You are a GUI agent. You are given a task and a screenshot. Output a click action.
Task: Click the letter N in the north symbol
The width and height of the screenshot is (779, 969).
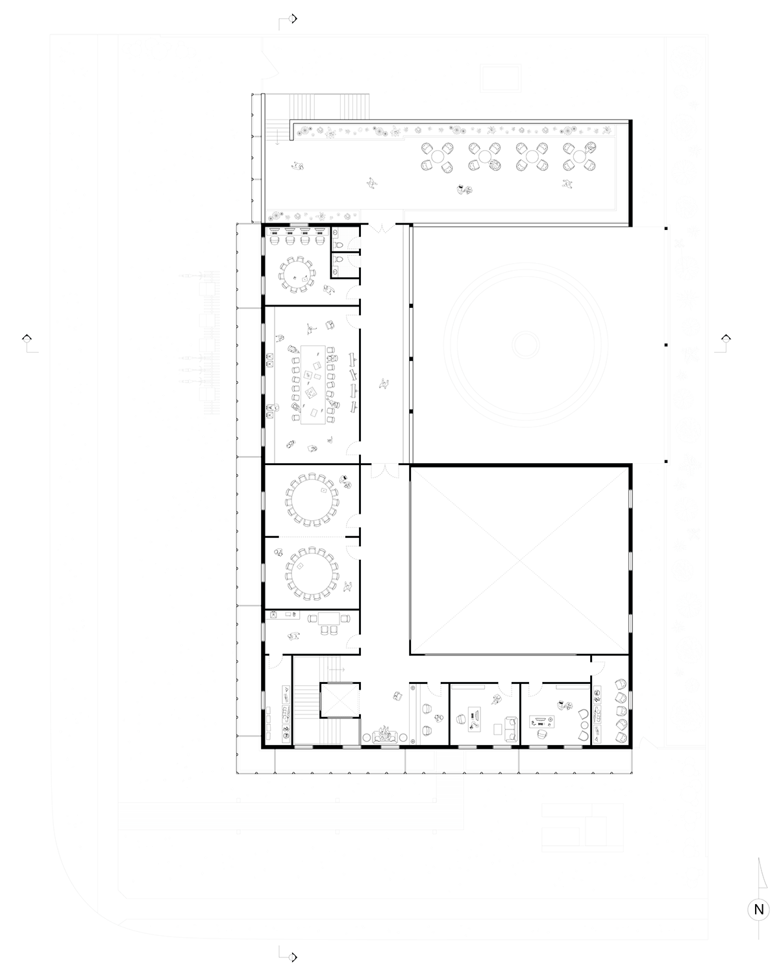click(758, 909)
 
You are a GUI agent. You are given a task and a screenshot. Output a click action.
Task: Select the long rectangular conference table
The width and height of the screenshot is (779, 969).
click(313, 384)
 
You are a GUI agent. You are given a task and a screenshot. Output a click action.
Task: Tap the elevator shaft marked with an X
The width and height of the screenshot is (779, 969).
click(340, 699)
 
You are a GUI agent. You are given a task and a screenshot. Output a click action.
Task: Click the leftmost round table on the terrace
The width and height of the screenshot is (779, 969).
click(437, 157)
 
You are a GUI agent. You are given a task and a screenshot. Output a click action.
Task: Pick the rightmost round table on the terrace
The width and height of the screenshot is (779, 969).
click(579, 157)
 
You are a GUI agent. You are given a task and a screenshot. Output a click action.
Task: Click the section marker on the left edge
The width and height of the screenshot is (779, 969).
click(27, 338)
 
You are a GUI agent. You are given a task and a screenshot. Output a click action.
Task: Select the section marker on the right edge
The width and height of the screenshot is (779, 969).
click(725, 338)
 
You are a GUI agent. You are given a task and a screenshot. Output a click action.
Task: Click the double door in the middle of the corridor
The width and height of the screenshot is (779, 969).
click(385, 471)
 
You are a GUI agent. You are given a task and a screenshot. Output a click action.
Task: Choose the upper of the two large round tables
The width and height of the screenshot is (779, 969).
click(312, 499)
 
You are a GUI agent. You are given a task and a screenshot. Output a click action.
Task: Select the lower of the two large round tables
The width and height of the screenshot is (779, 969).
click(312, 573)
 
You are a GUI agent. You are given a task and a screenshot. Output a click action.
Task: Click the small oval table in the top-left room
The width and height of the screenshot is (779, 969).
click(297, 274)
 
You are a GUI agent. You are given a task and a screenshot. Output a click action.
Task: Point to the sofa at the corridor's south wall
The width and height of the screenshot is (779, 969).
click(385, 737)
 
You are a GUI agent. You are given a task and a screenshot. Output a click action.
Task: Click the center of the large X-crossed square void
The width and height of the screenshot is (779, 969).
click(519, 560)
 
